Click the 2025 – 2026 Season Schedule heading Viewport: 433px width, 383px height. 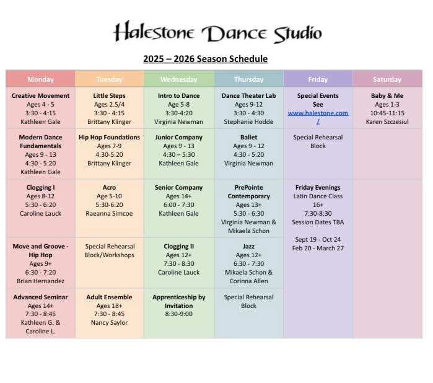tap(205, 59)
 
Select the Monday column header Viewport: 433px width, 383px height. tap(40, 79)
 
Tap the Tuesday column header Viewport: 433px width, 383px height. tap(109, 79)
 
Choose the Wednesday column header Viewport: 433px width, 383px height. tap(179, 79)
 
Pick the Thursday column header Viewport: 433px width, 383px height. tap(248, 79)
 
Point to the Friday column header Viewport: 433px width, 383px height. tap(318, 79)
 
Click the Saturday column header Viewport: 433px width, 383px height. tap(387, 79)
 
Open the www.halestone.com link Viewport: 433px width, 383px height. tap(318, 113)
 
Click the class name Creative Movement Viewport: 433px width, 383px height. tap(40, 96)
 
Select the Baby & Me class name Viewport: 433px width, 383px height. tap(387, 96)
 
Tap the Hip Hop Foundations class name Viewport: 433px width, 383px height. tap(109, 138)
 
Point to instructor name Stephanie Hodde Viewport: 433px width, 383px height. tap(248, 122)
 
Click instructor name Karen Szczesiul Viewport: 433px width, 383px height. tap(387, 122)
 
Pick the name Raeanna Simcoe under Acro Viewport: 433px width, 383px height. tap(109, 213)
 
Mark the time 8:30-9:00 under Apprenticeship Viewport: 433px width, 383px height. tap(179, 314)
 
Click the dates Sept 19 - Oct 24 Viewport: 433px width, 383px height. tap(318, 239)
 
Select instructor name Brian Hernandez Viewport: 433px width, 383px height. tap(40, 281)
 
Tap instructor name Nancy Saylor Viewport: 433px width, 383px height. tap(109, 323)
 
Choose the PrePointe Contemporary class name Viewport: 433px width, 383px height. tap(248, 191)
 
